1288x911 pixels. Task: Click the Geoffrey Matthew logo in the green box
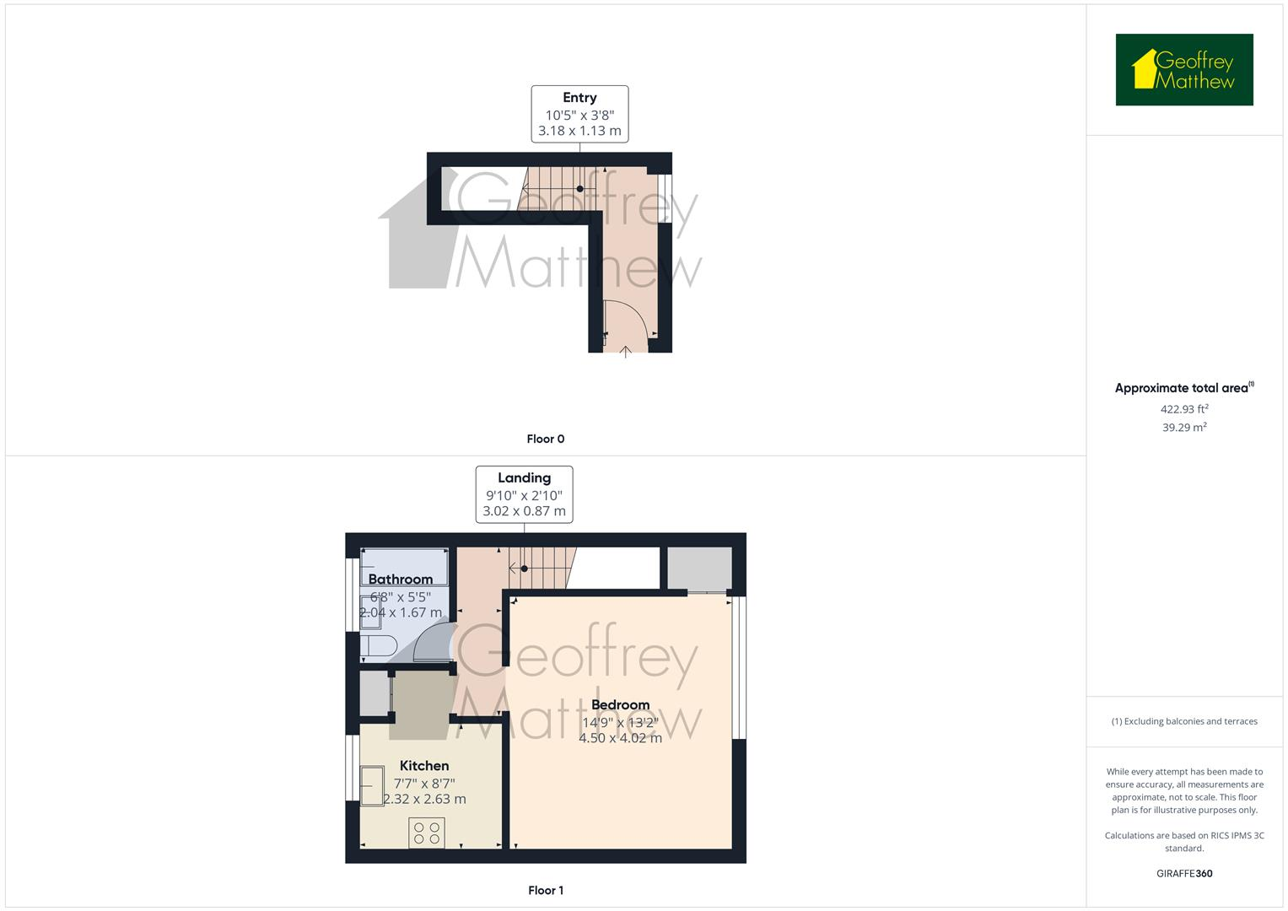[1183, 70]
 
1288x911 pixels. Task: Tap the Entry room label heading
[579, 98]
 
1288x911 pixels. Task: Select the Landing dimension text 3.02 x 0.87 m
[524, 511]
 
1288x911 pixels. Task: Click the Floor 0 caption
[546, 439]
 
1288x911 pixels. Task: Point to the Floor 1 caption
[546, 890]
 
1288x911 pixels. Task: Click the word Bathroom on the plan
[401, 579]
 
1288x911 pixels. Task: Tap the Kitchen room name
[424, 766]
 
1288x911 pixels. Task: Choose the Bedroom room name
[621, 705]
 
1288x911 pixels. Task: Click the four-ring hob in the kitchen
[427, 833]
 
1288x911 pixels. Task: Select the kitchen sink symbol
[371, 786]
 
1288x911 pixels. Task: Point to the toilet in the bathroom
[378, 648]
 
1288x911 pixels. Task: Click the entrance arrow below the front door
[625, 351]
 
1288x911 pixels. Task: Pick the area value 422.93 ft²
[1184, 409]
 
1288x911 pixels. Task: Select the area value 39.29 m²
[1184, 428]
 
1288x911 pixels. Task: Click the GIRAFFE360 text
[1184, 874]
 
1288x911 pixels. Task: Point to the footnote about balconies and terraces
[1184, 721]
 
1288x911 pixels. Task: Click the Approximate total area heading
[1183, 389]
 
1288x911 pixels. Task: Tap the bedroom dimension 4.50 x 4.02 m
[621, 738]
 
